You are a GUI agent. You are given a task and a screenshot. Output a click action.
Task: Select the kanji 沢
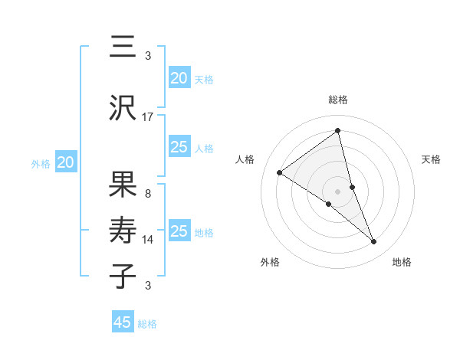tap(123, 109)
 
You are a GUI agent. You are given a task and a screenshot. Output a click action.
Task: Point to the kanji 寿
tap(123, 231)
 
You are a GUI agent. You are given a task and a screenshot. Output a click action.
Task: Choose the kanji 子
tap(123, 275)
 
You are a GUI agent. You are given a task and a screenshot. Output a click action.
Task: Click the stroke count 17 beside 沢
tap(148, 117)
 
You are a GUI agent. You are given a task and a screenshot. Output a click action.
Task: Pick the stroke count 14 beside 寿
tap(148, 240)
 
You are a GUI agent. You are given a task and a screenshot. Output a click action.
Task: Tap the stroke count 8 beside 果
tap(147, 194)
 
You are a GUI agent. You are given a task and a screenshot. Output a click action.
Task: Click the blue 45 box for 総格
tap(123, 322)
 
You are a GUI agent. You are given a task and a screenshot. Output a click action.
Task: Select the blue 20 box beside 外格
tap(66, 162)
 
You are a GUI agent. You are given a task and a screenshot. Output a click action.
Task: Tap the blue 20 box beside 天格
tap(179, 78)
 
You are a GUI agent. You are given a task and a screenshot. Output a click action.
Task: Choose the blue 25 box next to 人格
tap(179, 148)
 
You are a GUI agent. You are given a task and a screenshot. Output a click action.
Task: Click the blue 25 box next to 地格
tap(179, 231)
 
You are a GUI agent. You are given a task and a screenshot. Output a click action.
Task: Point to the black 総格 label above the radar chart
tap(338, 100)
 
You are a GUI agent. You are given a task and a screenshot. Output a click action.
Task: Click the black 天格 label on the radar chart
tap(432, 159)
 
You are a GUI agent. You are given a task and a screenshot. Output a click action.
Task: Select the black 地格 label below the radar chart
tap(402, 262)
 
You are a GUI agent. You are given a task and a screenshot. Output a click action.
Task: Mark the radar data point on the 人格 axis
tap(280, 172)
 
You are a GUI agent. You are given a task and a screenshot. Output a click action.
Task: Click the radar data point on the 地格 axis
tap(374, 241)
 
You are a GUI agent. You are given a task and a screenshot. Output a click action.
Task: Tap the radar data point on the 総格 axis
tap(338, 130)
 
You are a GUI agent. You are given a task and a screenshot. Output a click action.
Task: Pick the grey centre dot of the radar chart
tap(338, 191)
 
